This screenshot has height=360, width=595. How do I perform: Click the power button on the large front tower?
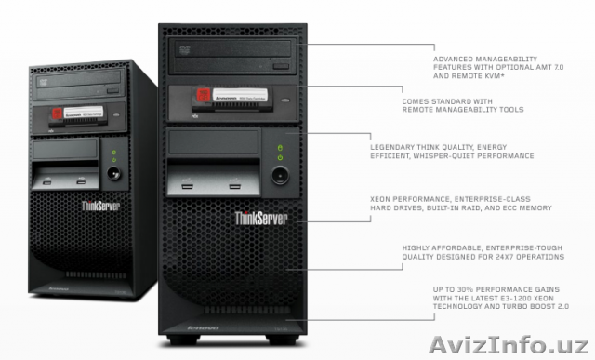click(277, 178)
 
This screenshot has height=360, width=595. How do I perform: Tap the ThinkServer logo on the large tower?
click(262, 219)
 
